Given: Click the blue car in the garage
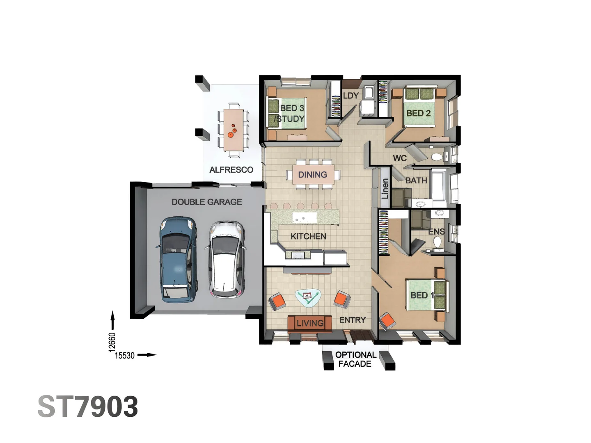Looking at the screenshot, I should (177, 259).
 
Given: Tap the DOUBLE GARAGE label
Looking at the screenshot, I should (206, 202).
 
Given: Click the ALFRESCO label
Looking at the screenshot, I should (231, 170).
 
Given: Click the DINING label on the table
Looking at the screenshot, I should (312, 175).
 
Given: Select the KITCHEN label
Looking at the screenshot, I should (308, 236).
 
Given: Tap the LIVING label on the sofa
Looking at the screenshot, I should (310, 323).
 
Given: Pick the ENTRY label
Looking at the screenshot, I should (352, 320).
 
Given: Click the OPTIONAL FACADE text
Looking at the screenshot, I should (355, 359).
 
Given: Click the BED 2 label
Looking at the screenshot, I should (418, 113).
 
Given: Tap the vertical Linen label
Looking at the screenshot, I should (385, 189).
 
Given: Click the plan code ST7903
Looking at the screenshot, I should (88, 407).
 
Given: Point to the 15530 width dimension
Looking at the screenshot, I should (124, 356).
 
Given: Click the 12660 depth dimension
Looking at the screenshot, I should (112, 342).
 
